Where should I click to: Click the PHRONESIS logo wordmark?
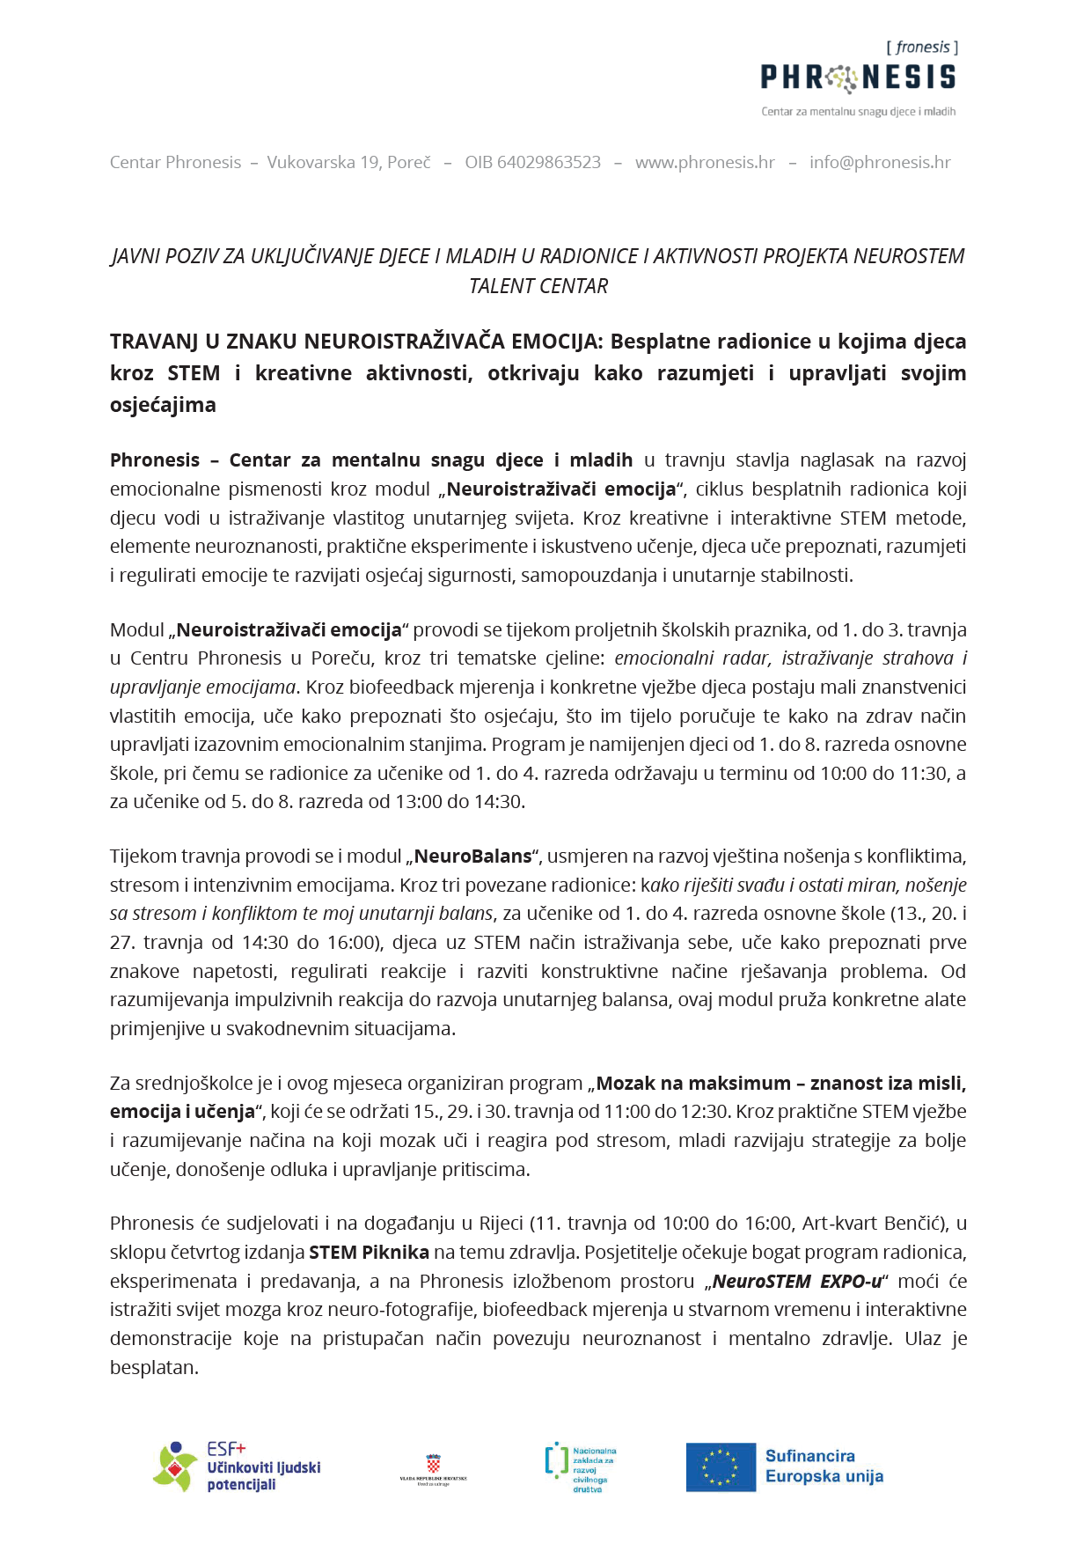click(858, 78)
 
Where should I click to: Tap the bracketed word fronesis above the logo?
click(922, 48)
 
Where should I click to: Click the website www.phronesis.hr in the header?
click(705, 163)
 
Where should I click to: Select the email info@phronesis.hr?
click(880, 163)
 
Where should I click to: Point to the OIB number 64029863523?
click(533, 163)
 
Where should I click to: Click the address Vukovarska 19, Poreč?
click(349, 163)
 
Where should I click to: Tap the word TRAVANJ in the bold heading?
click(154, 342)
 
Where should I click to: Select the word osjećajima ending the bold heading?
click(163, 405)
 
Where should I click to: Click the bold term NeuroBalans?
click(473, 857)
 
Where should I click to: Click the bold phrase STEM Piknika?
click(369, 1253)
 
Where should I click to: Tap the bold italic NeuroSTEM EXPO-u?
click(797, 1282)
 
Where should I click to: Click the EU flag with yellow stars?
click(721, 1467)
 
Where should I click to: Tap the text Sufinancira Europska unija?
click(824, 1467)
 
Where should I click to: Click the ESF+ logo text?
click(226, 1449)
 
